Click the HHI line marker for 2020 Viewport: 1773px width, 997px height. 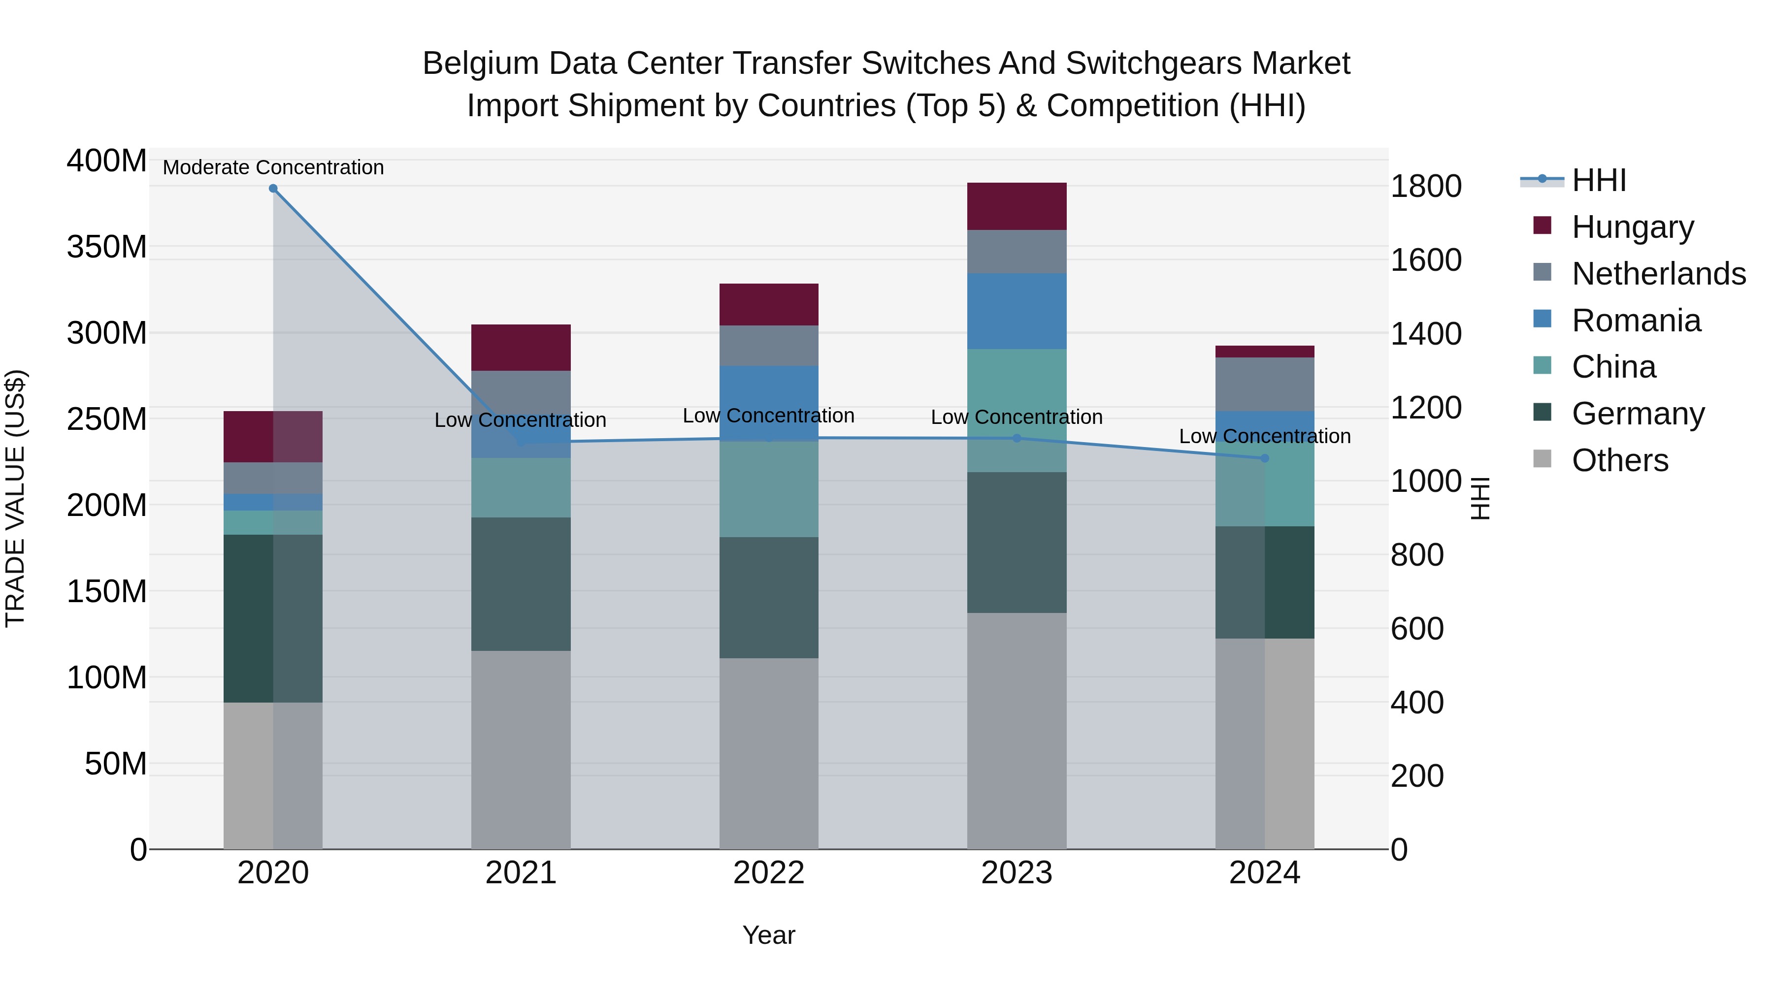(273, 189)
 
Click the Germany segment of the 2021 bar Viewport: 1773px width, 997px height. (521, 584)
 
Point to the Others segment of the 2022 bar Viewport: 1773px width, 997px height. (769, 753)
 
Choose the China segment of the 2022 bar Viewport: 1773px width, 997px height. (769, 489)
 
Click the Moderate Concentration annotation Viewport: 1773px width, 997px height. (273, 168)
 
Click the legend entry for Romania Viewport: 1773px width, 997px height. (1636, 321)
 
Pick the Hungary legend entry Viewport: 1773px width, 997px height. (1633, 227)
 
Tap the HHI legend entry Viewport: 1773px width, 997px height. (1599, 180)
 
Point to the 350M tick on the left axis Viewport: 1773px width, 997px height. (107, 247)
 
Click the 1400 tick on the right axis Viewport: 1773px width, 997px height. (1426, 334)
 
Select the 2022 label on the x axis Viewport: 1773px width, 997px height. (769, 873)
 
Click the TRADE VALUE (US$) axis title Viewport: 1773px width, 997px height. (16, 498)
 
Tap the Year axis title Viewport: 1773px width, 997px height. (769, 935)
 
